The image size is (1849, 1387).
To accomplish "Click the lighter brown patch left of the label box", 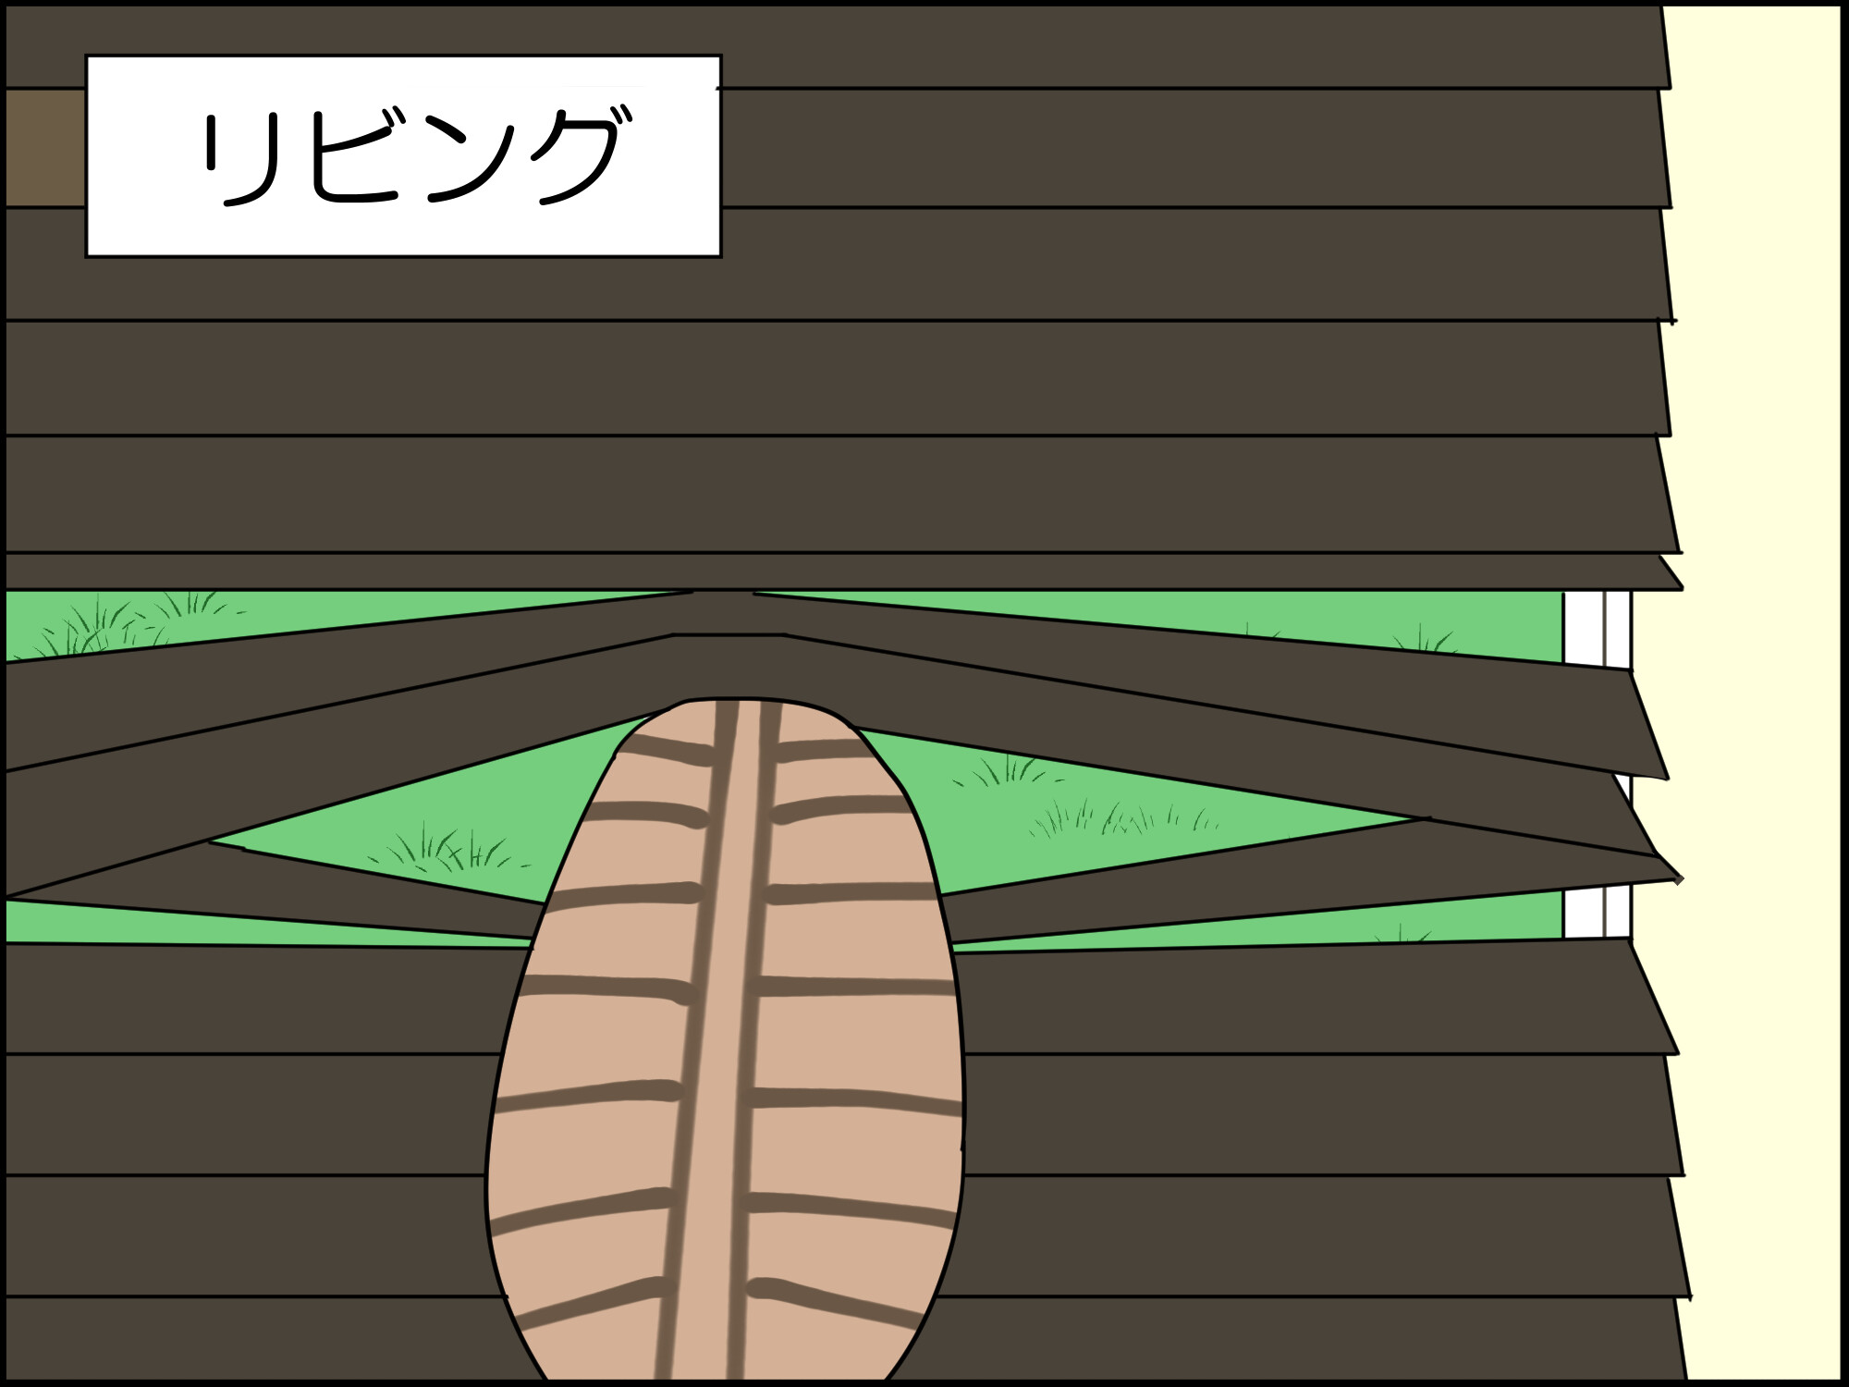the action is [x=44, y=148].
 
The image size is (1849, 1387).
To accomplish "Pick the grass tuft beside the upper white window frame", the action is [x=1424, y=638].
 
